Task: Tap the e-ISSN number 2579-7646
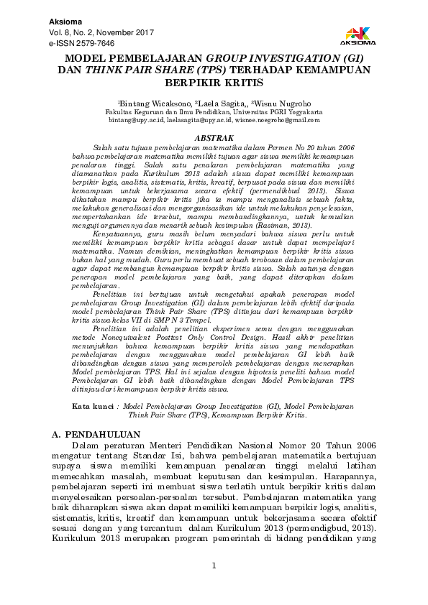88,44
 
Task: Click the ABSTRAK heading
214,137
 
